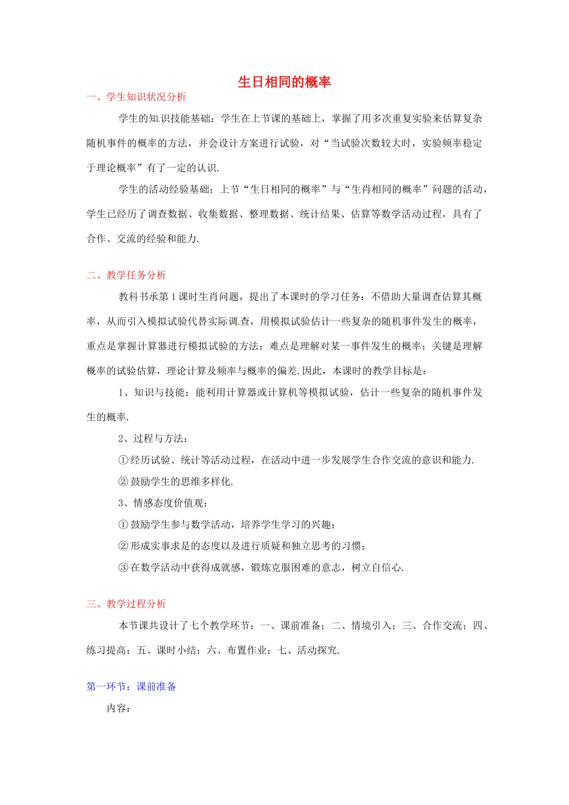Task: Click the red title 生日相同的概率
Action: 284,82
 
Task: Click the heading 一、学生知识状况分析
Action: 136,97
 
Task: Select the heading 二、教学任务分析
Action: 126,275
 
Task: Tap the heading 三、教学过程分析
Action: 126,604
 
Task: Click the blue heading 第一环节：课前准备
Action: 131,686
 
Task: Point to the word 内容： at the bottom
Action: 119,709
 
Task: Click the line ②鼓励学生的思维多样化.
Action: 175,482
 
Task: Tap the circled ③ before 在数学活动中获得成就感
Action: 123,568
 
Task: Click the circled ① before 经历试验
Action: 123,460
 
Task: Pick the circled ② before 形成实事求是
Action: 123,546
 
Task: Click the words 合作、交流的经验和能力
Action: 142,238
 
